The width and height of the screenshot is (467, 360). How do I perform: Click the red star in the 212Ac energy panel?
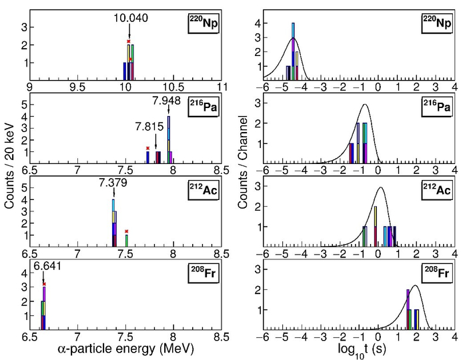click(126, 231)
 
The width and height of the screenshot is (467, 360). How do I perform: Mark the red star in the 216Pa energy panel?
click(147, 148)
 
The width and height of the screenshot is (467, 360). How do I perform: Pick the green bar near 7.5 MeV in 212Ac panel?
click(126, 241)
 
